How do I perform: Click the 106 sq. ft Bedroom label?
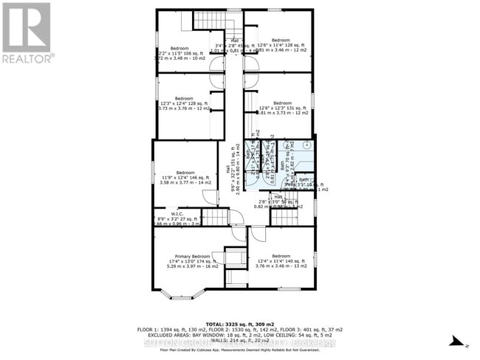175,48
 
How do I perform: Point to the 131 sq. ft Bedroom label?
282,103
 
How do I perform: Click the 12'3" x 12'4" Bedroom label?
184,99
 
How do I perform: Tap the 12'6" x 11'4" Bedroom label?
281,40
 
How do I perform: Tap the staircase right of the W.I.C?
215,217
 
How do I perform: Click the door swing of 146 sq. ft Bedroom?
210,198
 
